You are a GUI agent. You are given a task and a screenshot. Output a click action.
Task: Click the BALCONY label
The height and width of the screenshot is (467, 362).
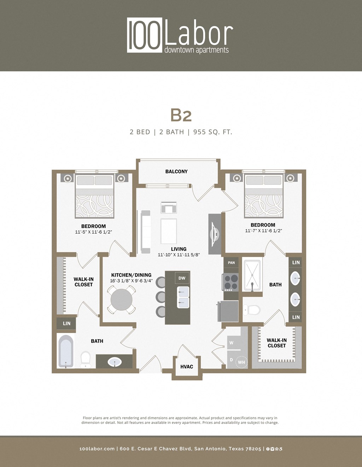176,171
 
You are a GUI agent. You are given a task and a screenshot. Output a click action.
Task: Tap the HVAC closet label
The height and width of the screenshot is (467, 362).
187,367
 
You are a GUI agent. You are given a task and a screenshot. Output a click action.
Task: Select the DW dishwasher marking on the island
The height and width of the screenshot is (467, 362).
182,278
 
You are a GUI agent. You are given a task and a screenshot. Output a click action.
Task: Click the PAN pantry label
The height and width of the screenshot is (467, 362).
231,263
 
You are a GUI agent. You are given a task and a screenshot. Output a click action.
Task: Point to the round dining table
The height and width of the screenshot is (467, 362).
121,300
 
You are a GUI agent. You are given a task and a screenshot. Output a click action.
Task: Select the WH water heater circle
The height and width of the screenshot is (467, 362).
241,362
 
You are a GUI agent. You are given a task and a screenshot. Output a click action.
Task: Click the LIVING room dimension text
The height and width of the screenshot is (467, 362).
179,255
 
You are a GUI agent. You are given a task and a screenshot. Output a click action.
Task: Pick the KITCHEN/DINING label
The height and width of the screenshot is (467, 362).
131,275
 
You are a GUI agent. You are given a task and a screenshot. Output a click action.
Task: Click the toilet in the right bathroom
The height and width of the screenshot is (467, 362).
252,310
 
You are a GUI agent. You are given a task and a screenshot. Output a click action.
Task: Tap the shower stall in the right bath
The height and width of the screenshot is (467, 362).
252,276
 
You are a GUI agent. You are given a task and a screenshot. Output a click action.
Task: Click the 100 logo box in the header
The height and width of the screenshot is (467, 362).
145,35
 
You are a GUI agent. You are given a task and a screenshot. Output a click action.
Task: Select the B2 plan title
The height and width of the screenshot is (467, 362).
181,115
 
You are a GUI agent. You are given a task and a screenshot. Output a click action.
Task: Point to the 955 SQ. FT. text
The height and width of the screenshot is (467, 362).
212,132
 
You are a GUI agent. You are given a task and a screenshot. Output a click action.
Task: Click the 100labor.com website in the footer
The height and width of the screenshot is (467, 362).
97,449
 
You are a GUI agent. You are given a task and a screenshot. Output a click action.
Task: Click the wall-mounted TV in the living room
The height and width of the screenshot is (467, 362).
214,234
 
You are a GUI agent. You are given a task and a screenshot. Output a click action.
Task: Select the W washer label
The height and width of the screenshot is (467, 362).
231,343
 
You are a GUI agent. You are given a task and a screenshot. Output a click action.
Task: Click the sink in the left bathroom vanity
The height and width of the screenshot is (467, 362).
115,362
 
